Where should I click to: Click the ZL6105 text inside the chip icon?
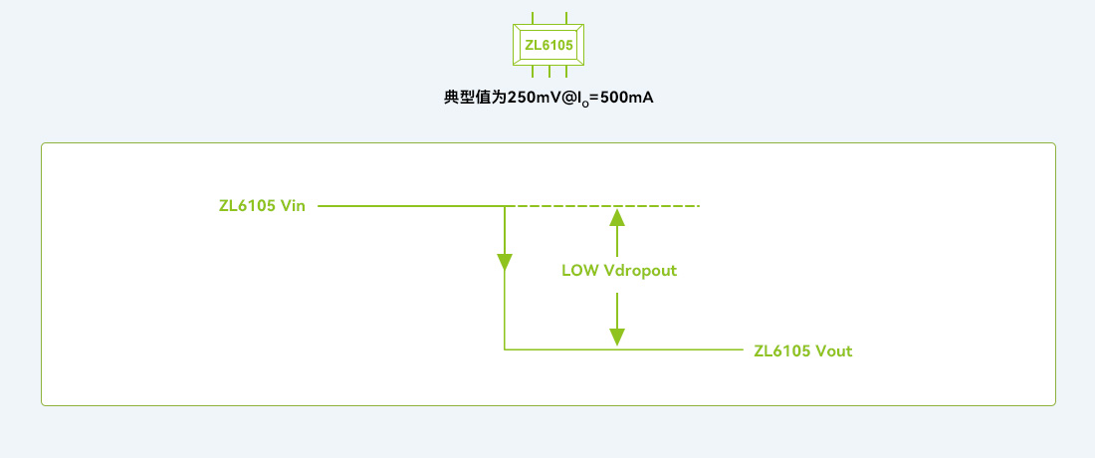point(548,45)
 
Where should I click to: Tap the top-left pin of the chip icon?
point(532,18)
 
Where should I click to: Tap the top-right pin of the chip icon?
point(566,18)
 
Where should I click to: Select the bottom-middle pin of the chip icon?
point(548,72)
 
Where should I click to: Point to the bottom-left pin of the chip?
point(532,72)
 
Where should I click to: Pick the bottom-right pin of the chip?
point(566,72)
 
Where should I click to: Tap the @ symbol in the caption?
point(572,99)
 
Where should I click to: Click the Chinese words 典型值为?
point(475,99)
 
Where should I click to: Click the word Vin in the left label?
point(293,206)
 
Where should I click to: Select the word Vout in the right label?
point(833,350)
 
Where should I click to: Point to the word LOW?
point(580,271)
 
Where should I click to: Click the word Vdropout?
point(640,271)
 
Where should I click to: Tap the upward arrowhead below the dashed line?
point(617,217)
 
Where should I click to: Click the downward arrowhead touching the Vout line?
point(617,337)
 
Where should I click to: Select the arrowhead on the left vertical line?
point(505,262)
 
